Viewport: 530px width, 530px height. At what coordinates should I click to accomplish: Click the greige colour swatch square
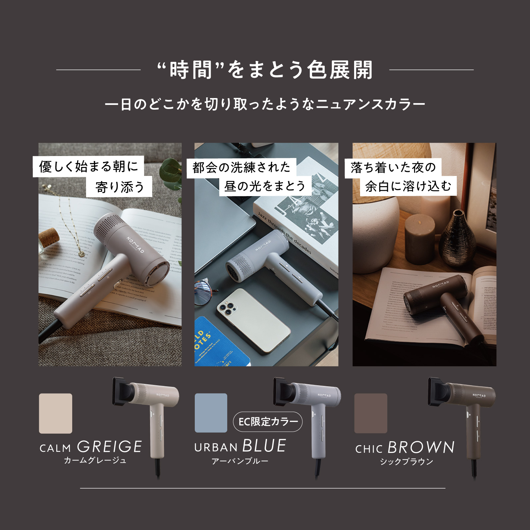(55, 413)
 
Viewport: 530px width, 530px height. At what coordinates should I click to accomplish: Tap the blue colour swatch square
(211, 413)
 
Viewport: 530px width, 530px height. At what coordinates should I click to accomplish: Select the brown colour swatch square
(371, 413)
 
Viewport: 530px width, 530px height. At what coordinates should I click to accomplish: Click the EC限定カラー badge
(268, 422)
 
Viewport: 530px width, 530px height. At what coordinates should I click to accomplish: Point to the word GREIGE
(110, 447)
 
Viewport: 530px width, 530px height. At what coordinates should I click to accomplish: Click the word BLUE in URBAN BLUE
(264, 446)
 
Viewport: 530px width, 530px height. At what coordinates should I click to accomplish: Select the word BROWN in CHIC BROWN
(421, 448)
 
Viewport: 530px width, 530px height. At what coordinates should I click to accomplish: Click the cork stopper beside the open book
(49, 237)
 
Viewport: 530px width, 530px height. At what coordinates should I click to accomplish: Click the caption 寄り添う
(119, 187)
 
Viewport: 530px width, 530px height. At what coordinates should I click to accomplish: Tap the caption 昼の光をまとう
(265, 186)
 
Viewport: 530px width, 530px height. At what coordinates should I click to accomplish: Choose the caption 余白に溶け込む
(408, 186)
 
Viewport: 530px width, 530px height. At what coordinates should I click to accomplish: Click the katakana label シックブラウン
(406, 461)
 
